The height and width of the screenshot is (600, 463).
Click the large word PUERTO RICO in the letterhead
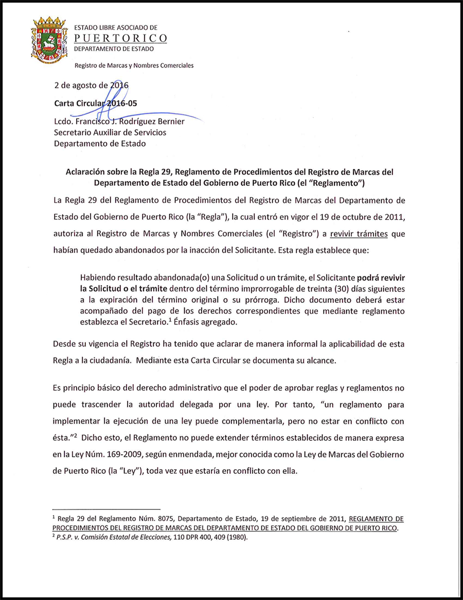pyautogui.click(x=121, y=38)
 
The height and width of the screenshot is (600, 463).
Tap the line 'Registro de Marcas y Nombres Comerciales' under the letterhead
pyautogui.click(x=134, y=66)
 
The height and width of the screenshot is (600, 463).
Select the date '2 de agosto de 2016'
pyautogui.click(x=91, y=85)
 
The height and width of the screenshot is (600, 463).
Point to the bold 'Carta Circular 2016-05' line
pyautogui.click(x=96, y=103)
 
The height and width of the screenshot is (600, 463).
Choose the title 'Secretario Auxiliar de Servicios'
pyautogui.click(x=110, y=132)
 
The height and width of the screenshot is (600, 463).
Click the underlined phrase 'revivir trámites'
pyautogui.click(x=359, y=234)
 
